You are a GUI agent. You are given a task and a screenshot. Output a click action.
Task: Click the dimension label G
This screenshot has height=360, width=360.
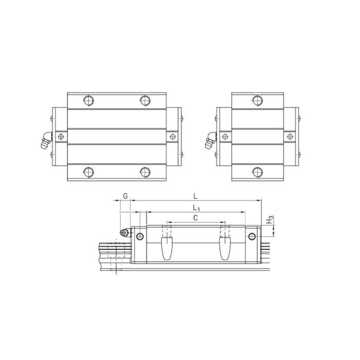click(125, 196)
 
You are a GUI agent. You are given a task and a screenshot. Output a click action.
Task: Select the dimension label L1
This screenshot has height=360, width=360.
click(196, 208)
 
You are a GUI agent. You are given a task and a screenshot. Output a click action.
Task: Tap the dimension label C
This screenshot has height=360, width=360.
click(195, 218)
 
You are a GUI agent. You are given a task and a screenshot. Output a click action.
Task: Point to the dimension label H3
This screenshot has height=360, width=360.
click(269, 220)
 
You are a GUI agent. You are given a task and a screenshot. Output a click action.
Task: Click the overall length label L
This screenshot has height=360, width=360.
click(195, 196)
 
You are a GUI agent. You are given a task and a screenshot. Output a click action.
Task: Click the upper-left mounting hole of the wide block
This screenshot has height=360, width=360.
click(88, 100)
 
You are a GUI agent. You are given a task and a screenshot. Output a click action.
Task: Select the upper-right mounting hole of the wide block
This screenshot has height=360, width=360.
click(145, 100)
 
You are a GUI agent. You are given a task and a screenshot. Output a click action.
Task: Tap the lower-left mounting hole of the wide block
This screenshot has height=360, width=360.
click(88, 172)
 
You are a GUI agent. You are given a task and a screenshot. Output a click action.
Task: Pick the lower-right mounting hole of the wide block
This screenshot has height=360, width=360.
click(145, 172)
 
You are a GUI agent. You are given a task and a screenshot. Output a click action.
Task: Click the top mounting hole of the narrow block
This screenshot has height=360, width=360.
click(258, 100)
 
